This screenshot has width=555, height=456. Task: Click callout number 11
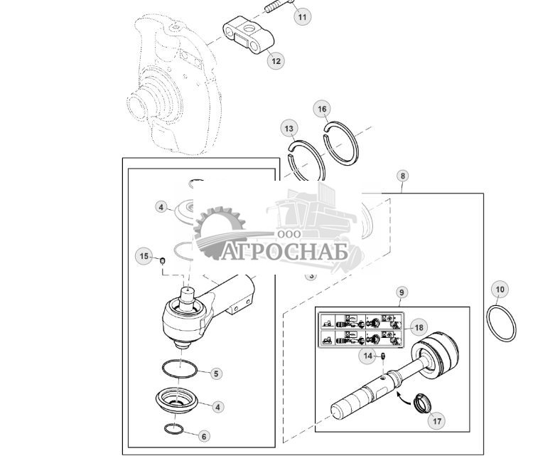coord(302,16)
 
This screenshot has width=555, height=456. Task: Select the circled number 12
coord(276,61)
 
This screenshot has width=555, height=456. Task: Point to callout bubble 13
coord(289,129)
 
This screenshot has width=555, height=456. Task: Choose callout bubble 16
coord(323,109)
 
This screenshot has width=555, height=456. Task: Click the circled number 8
coord(403,175)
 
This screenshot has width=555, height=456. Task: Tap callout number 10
coord(500,290)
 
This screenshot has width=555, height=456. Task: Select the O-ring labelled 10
coord(502,321)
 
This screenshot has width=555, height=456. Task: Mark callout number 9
coord(401,292)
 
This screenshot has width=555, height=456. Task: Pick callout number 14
coord(368,355)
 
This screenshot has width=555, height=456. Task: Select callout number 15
coord(144,256)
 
